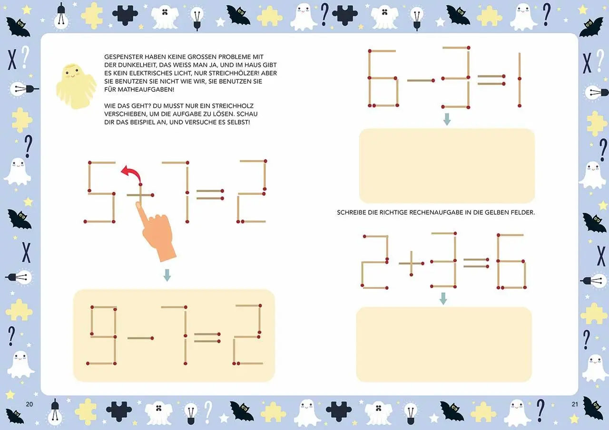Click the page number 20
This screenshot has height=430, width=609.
pyautogui.click(x=29, y=404)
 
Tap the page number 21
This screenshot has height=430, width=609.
pyautogui.click(x=574, y=404)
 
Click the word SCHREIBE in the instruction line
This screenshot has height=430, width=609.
pyautogui.click(x=352, y=212)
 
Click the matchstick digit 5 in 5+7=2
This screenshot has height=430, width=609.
pyautogui.click(x=101, y=192)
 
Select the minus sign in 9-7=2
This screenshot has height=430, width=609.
pyautogui.click(x=140, y=338)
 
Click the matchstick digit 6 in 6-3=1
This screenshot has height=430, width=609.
pyautogui.click(x=383, y=78)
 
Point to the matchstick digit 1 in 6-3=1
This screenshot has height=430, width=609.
pyautogui.click(x=520, y=80)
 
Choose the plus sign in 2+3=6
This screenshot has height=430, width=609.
pyautogui.click(x=411, y=264)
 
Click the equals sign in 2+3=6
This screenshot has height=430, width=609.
pyautogui.click(x=476, y=263)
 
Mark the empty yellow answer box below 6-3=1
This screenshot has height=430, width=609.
pyautogui.click(x=447, y=166)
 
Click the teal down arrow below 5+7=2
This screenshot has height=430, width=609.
pyautogui.click(x=167, y=275)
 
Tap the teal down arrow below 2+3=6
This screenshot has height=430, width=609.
pyautogui.click(x=443, y=298)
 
